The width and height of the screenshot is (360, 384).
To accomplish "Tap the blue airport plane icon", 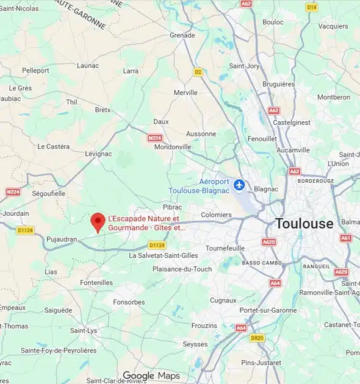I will click(239, 184).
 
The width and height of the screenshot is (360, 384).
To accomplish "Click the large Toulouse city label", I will click(304, 223).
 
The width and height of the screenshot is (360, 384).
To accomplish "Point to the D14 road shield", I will click(311, 7).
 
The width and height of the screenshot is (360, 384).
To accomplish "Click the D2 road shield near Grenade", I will click(198, 72).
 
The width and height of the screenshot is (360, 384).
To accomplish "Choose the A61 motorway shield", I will click(346, 238).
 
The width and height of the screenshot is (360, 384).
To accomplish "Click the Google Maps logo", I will click(151, 375).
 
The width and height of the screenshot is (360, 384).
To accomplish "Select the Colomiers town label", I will click(216, 215).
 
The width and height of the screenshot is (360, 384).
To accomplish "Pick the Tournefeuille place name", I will click(225, 248).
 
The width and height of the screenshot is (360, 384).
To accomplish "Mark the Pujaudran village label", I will click(62, 240).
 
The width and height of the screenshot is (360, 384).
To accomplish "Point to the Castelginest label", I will click(292, 123).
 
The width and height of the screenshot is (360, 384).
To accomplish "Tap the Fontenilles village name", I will click(96, 283).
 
